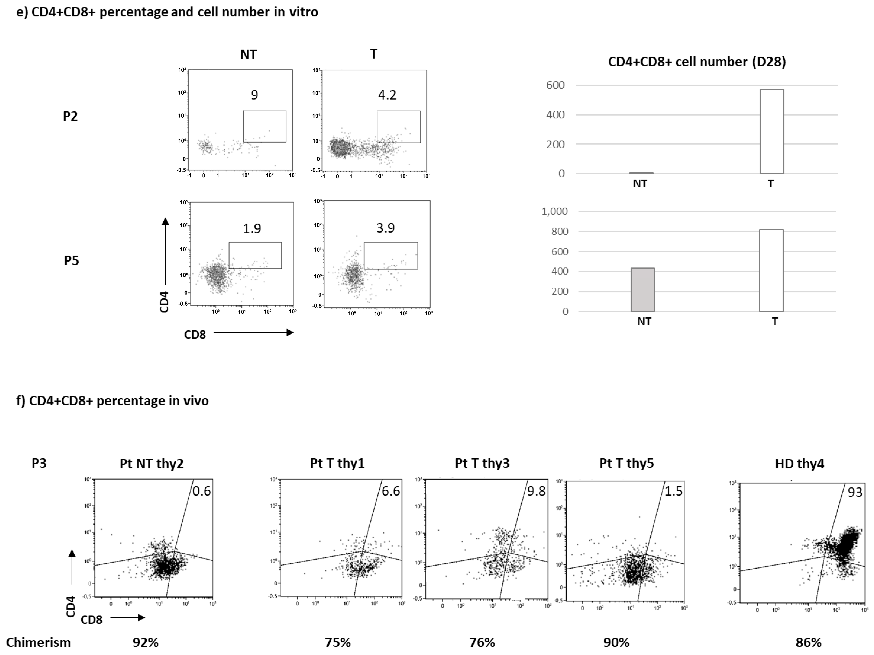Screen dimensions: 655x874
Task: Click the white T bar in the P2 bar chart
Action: pyautogui.click(x=772, y=131)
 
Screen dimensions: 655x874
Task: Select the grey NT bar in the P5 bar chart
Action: pyautogui.click(x=643, y=290)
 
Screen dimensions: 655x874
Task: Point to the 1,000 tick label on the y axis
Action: pyautogui.click(x=554, y=212)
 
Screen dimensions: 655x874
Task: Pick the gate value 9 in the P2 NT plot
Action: pyautogui.click(x=254, y=95)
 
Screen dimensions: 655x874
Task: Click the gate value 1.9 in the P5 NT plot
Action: pyautogui.click(x=252, y=229)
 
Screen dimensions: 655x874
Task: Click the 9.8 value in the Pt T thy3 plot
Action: pyautogui.click(x=536, y=491)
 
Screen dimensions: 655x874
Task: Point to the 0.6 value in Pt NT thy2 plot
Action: pyautogui.click(x=201, y=491)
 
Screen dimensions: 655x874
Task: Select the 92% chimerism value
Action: pyautogui.click(x=145, y=642)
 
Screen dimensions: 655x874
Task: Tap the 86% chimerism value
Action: pyautogui.click(x=808, y=642)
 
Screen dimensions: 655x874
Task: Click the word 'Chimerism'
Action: pyautogui.click(x=38, y=642)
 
